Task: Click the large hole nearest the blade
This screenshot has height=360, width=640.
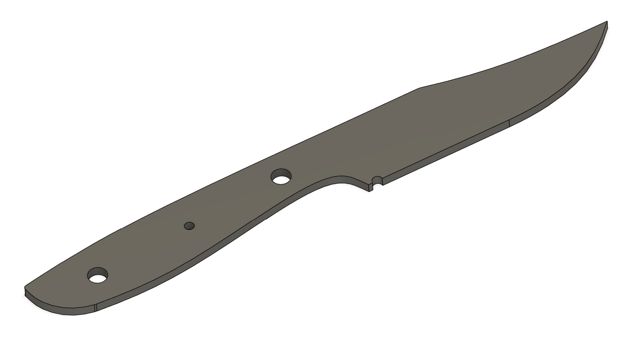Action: point(281,176)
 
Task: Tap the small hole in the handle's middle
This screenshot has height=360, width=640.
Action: point(189,226)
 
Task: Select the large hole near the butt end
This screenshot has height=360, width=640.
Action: point(97,275)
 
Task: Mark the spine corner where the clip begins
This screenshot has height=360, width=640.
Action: point(419,88)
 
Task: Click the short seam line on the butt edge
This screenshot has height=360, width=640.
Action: point(96,308)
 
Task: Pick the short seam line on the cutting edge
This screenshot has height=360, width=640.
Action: point(510,123)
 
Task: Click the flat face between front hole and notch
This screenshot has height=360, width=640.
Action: point(330,167)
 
